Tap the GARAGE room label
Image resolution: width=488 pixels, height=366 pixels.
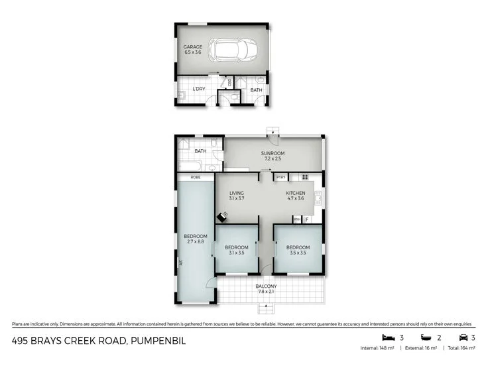(x=193, y=47)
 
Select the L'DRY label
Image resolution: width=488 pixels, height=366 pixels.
(x=198, y=89)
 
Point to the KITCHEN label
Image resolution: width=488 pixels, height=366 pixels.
(x=295, y=193)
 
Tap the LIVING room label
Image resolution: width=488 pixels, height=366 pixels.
(x=237, y=193)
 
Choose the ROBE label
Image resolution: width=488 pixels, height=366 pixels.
(x=196, y=177)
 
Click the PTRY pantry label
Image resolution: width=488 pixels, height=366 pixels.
(x=281, y=177)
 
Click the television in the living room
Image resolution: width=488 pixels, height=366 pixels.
(x=223, y=215)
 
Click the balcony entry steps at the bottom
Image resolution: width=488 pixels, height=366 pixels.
(x=267, y=309)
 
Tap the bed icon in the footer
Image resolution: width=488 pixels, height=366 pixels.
(x=385, y=337)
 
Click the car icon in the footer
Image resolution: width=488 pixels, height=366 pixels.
(x=463, y=337)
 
